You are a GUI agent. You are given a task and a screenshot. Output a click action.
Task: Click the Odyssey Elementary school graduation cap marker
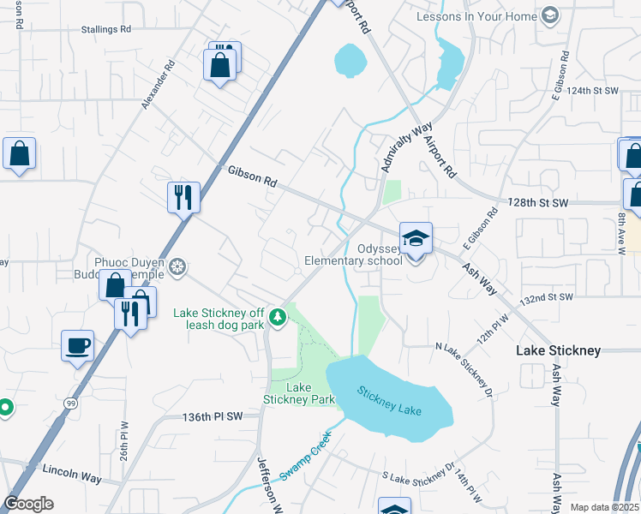(416, 238)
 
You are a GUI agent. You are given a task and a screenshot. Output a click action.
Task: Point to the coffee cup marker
(78, 345)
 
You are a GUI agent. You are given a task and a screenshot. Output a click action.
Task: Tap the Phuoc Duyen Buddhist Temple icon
(177, 268)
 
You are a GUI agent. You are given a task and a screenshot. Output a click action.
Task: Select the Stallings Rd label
(101, 28)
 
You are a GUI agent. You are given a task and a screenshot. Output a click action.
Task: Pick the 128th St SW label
(537, 203)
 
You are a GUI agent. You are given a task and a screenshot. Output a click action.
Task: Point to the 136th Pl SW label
(213, 416)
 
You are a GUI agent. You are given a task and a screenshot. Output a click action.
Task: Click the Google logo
(29, 504)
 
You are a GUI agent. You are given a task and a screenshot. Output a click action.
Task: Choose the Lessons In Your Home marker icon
(549, 15)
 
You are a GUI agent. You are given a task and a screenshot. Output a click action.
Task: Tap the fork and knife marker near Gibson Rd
(183, 198)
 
